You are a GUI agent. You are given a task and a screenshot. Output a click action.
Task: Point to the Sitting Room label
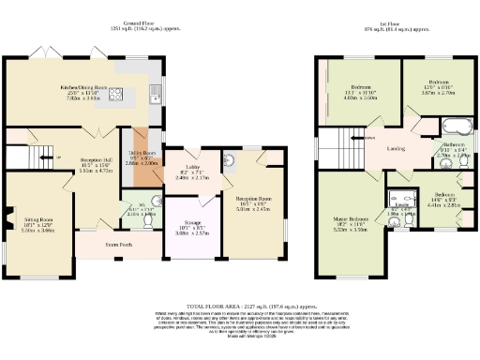point(38,220)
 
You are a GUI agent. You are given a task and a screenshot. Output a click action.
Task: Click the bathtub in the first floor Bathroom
point(458,127)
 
